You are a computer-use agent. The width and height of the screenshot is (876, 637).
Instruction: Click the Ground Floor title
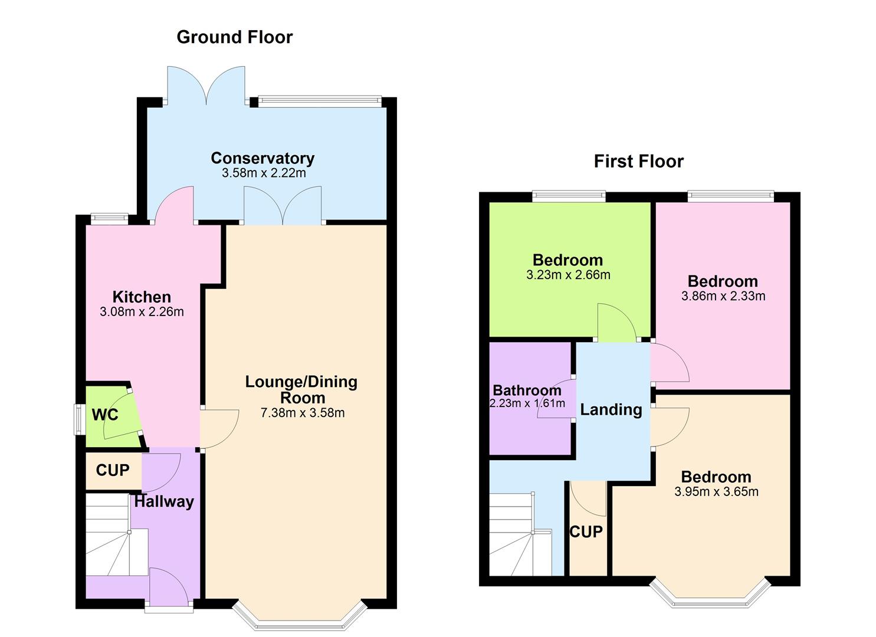[x=234, y=37]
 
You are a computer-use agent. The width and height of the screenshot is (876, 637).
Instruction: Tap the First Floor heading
[x=638, y=161]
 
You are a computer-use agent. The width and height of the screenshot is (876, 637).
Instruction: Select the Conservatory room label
[x=263, y=158]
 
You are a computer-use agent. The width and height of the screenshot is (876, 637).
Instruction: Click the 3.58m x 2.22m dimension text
[x=264, y=173]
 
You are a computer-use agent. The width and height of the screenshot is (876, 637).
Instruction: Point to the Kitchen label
[x=142, y=297]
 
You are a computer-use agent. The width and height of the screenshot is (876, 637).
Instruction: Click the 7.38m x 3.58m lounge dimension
[x=302, y=413]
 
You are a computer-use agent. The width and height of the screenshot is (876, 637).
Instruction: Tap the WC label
[x=105, y=415]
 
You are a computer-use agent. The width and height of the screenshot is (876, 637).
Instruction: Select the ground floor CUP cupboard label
[x=112, y=470]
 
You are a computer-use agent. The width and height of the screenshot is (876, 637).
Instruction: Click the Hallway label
[x=164, y=502]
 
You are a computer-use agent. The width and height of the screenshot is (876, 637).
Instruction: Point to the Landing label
[x=611, y=409]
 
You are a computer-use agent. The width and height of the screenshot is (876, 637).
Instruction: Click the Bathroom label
[x=527, y=390]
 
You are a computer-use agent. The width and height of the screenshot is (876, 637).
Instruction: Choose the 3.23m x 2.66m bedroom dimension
[x=568, y=275]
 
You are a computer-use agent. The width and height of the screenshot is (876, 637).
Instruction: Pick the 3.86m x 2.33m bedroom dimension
[x=723, y=296]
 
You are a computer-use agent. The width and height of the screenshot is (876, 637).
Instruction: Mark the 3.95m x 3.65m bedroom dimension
[x=716, y=492]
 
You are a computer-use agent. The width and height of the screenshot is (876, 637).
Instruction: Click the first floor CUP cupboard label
[x=586, y=531]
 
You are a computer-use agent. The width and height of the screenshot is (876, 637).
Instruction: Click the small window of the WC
[x=78, y=419]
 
